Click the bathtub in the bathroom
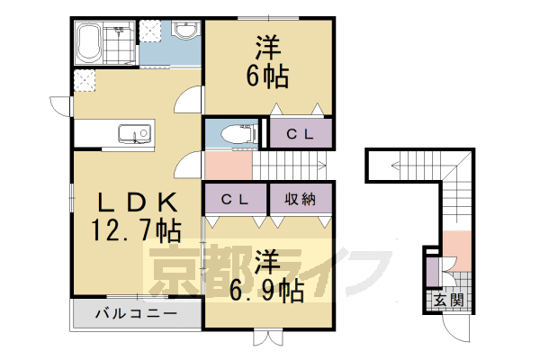coord(87,42)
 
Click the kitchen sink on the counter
coord(135,137)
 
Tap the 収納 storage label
coord(301,198)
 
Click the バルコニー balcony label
coord(135,316)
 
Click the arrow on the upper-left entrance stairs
coord(396,164)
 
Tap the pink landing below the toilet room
coord(227,165)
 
